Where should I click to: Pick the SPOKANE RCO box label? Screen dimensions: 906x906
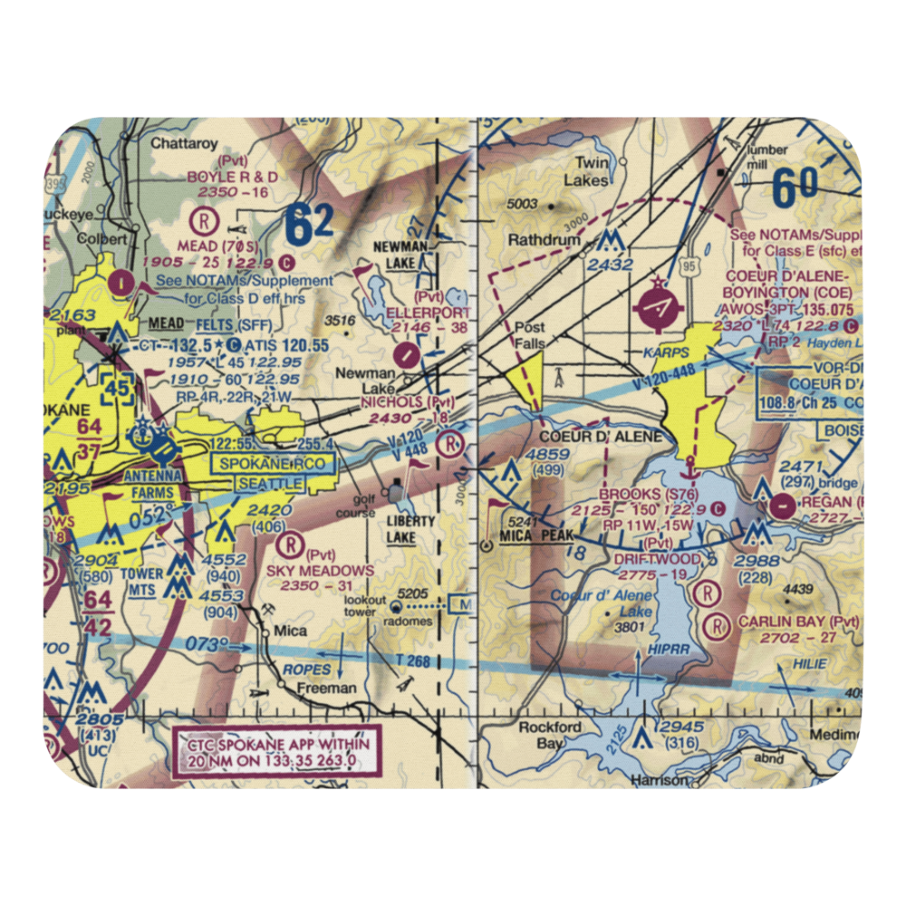click(x=275, y=463)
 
